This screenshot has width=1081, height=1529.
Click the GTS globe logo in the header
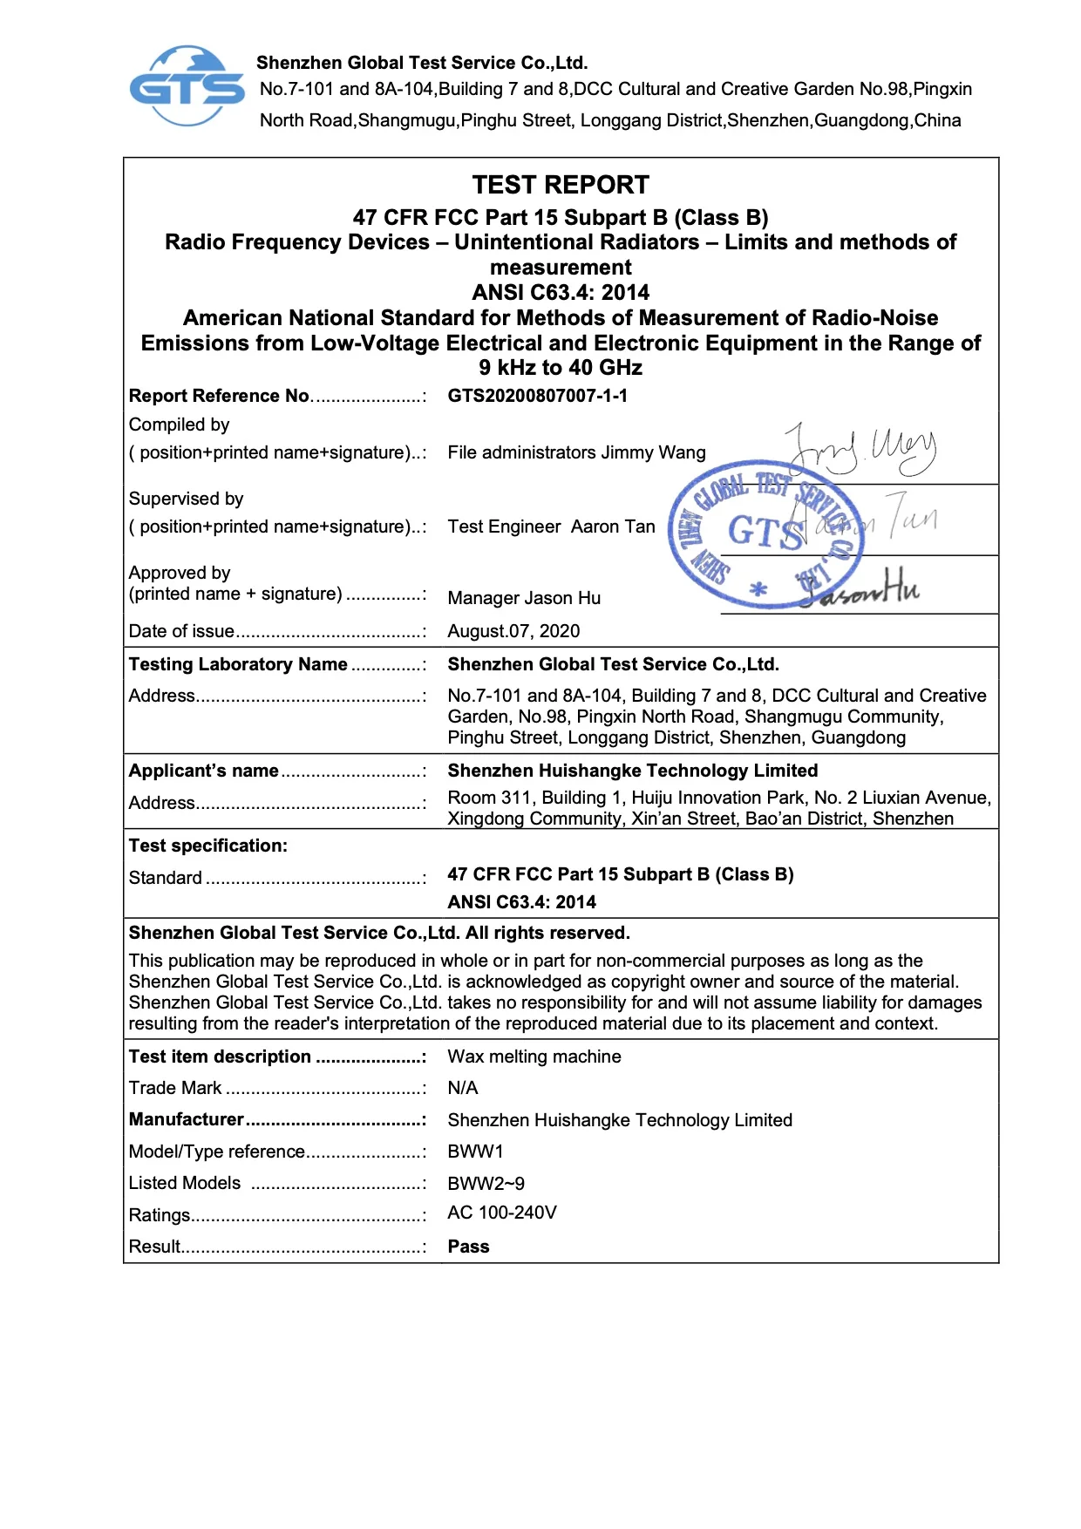187,85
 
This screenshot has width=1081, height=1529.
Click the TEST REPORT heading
561,185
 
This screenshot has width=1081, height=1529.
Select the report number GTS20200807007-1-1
537,396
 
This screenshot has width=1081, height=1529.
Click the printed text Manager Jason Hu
524,598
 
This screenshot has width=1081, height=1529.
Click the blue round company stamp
765,533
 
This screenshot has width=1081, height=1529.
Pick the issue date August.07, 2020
513,631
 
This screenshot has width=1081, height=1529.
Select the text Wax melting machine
534,1057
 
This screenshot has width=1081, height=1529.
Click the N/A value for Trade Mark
463,1088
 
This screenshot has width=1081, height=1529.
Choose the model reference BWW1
475,1152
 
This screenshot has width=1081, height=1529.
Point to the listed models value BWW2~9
486,1184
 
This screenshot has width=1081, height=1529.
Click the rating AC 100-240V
502,1213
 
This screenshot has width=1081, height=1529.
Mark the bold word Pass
468,1247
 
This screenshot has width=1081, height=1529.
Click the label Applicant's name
204,771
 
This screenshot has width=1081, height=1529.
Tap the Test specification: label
208,846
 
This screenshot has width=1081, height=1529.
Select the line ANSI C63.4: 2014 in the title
561,292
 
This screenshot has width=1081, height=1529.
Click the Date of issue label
182,631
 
